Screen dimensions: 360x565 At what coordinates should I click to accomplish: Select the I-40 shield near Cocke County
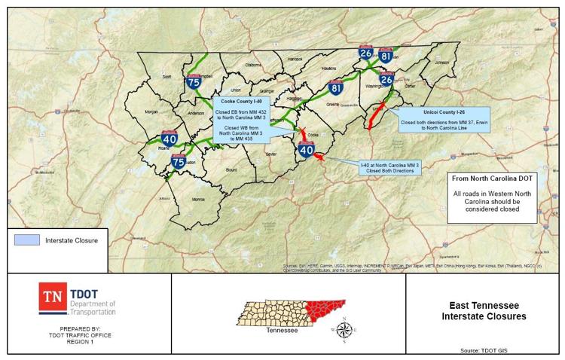pos(306,151)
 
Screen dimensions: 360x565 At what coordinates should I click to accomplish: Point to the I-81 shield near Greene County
pos(336,89)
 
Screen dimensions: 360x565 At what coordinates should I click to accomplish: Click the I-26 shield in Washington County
pos(386,79)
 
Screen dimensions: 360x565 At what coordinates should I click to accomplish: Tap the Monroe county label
pos(198,199)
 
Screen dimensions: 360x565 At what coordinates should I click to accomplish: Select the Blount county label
pos(231,171)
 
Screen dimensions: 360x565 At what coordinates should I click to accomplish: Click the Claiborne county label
pos(254,65)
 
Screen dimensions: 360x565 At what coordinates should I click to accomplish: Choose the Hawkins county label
pos(328,68)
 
